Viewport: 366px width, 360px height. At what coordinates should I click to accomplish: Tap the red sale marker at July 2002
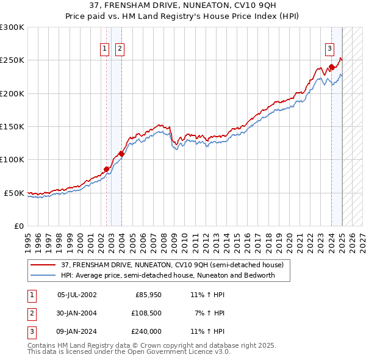106,169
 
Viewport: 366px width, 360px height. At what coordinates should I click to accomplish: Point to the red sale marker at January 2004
121,154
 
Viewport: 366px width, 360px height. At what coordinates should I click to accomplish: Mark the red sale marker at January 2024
331,67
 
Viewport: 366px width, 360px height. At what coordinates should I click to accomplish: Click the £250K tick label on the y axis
12,60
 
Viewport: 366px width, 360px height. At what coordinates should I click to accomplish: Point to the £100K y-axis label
12,160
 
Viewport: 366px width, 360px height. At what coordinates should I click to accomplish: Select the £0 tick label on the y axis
18,226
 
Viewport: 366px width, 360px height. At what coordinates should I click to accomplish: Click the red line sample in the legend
44,265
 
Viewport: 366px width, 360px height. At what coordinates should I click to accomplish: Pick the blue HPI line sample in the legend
44,275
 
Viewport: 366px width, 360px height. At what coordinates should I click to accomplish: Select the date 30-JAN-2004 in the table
77,313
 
